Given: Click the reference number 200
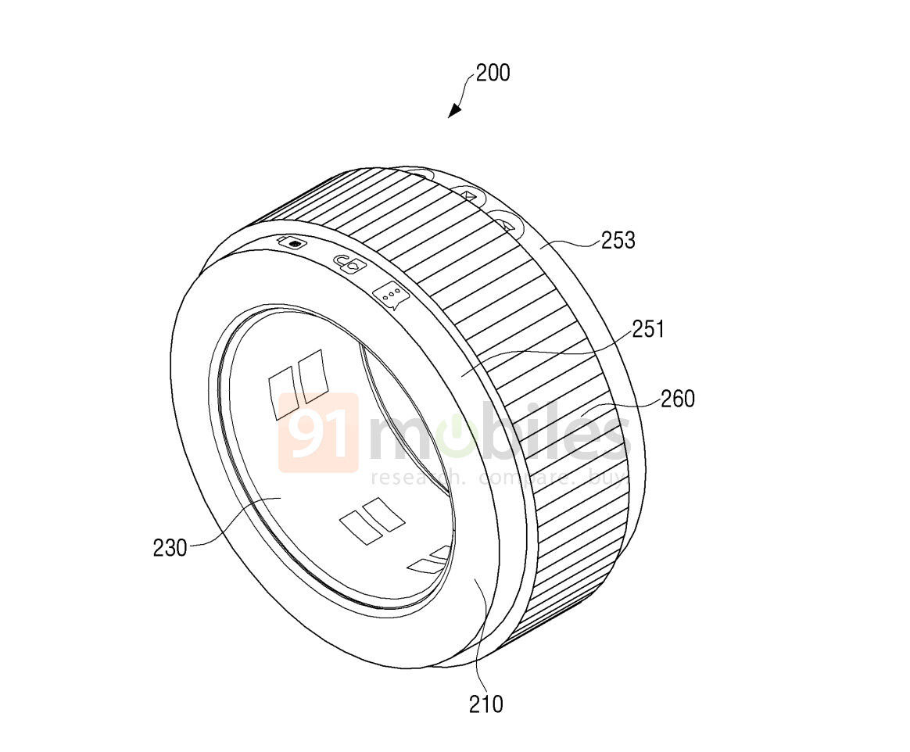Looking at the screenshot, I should coord(493,73).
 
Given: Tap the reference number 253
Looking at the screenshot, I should coord(618,240).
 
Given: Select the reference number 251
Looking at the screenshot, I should coord(647,330).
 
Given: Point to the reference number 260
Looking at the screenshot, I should coord(677,399).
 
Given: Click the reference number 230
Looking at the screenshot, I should coord(170,547).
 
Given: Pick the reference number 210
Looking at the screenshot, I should coord(486,704).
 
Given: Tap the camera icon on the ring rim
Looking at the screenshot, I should coord(291,243).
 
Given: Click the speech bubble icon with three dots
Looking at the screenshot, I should coord(392,295).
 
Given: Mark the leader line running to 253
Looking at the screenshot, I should coord(571,244).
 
